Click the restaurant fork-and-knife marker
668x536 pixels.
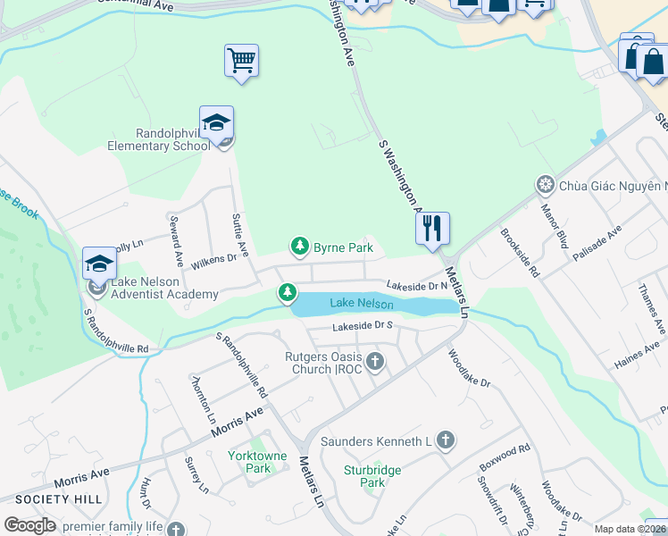click(432, 228)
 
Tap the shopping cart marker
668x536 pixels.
click(241, 61)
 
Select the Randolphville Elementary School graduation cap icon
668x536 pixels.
click(216, 123)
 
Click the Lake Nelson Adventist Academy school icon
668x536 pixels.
click(100, 264)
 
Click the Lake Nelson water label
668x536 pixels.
click(362, 304)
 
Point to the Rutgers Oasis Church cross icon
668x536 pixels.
click(375, 363)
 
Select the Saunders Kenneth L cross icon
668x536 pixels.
click(445, 440)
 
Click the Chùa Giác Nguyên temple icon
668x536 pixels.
click(545, 185)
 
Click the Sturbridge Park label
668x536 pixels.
click(372, 476)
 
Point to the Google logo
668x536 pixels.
click(29, 525)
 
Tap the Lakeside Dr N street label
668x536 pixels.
click(416, 285)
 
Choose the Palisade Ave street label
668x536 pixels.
click(597, 242)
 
